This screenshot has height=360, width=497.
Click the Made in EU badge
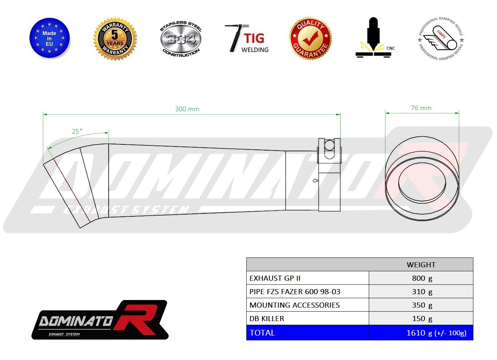(x=49, y=38)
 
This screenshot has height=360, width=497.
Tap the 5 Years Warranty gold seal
(x=115, y=39)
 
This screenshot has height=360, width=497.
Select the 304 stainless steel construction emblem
(x=181, y=39)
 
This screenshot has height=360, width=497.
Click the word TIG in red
(x=254, y=38)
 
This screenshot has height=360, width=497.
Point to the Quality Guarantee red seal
(x=310, y=38)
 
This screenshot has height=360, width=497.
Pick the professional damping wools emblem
(x=441, y=39)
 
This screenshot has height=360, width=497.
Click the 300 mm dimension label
(x=187, y=109)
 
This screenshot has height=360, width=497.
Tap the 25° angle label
(x=77, y=132)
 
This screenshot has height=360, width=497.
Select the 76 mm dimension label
(x=421, y=108)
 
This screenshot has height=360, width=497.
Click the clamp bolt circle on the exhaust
(x=329, y=145)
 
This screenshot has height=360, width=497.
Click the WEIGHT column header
(x=421, y=265)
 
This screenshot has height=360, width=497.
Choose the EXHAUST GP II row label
(x=275, y=278)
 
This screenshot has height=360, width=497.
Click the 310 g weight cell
(x=422, y=292)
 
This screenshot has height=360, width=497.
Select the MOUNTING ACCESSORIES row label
(x=295, y=305)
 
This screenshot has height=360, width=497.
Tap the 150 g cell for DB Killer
(x=422, y=319)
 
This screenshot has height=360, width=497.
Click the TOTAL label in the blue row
(x=262, y=333)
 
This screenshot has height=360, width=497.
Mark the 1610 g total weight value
(x=436, y=333)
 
